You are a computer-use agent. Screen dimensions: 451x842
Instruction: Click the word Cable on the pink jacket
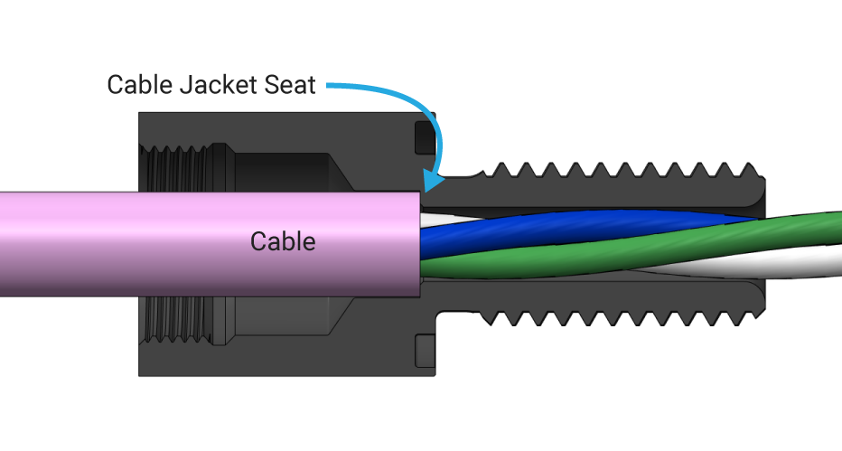[283, 241]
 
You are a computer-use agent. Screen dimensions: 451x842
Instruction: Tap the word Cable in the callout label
[138, 85]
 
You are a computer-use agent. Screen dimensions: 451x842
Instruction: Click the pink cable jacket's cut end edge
[422, 244]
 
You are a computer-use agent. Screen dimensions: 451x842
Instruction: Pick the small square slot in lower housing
[424, 351]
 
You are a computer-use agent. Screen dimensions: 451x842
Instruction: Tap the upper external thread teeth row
[614, 171]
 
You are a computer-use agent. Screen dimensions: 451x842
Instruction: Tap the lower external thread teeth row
[614, 317]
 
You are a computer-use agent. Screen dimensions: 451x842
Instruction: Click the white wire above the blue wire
[443, 219]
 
